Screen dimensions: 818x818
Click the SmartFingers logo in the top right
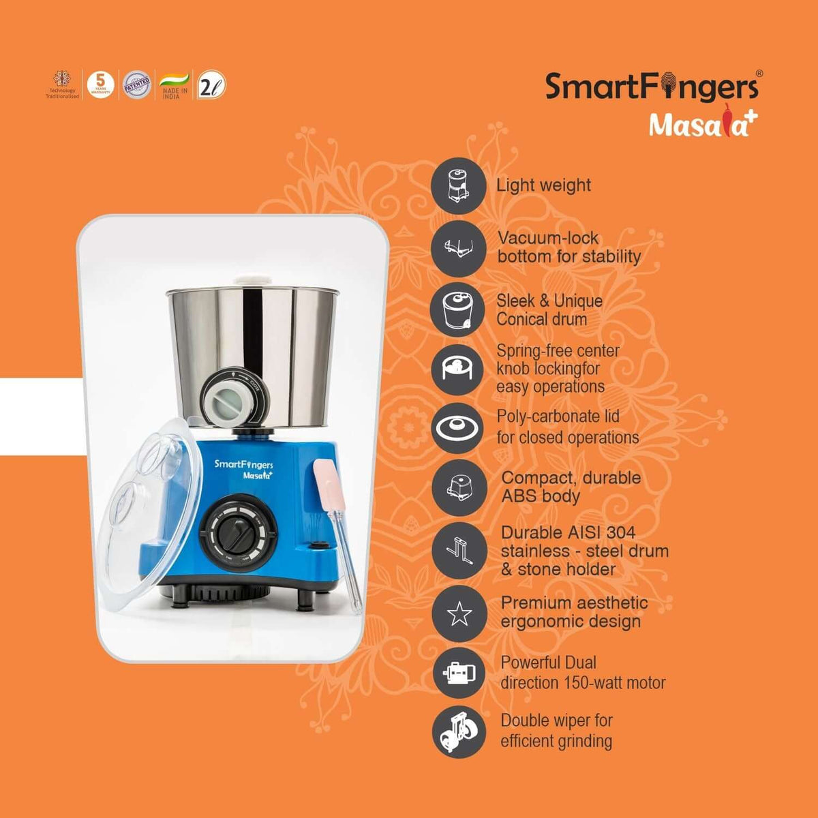(x=652, y=87)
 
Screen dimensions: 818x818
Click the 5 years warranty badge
(x=100, y=85)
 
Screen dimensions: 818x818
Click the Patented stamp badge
(x=136, y=85)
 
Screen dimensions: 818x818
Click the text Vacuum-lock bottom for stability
(x=569, y=247)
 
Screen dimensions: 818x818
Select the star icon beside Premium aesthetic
(x=458, y=613)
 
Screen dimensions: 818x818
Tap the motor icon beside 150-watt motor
(x=458, y=673)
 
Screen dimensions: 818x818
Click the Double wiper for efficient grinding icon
(x=458, y=731)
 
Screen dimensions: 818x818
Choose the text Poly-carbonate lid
(x=558, y=417)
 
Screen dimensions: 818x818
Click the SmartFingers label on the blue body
(x=243, y=464)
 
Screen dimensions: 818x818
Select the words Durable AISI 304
(x=568, y=532)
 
